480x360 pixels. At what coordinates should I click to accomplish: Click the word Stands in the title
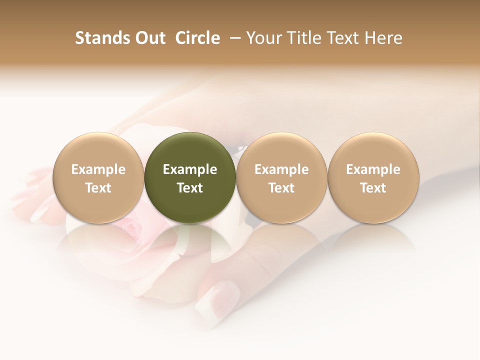101,38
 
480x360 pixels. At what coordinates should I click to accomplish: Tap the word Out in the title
149,38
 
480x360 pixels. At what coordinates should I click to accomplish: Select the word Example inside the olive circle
190,169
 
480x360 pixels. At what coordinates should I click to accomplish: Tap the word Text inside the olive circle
190,188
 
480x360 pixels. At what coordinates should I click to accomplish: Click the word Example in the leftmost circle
98,169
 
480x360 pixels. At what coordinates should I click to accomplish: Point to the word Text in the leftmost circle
98,188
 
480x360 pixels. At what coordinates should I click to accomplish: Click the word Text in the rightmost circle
373,188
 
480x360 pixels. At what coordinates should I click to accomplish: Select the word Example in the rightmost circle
373,169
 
